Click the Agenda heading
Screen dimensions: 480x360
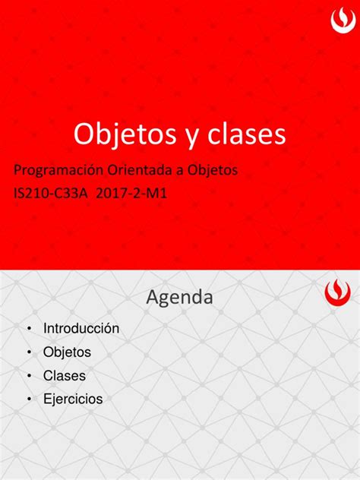tap(179, 297)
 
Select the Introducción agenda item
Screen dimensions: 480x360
tap(81, 329)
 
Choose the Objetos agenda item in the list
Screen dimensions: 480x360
tap(67, 352)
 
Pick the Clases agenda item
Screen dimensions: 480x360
tap(65, 376)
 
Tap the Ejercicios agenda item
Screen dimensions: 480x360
tap(73, 399)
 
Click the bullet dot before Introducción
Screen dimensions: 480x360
tap(28, 329)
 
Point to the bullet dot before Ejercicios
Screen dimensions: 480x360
tap(28, 399)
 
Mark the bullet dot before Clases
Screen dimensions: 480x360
tap(28, 376)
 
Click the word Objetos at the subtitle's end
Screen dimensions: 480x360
tap(216, 172)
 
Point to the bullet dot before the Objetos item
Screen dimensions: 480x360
tap(28, 352)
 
